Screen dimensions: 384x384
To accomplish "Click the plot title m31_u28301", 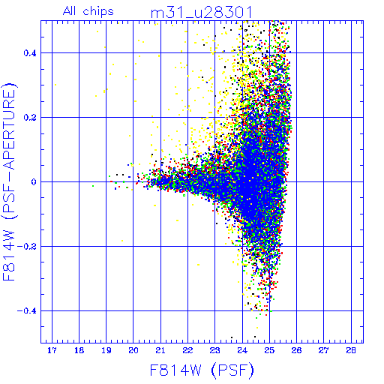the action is point(201,13).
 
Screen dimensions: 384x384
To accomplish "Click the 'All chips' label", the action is point(88,11).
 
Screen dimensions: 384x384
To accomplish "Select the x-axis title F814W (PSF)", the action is point(202,370).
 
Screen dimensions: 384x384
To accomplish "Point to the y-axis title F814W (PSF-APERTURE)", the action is point(10,181).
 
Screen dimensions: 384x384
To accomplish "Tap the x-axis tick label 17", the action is point(52,351).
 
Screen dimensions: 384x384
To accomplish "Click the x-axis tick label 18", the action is point(79,351).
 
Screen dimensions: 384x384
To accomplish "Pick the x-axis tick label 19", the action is point(106,351).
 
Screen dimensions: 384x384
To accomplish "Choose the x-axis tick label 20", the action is point(133,351).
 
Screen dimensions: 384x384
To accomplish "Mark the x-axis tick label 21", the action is point(160,351).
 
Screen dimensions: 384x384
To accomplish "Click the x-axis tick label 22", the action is point(187,351).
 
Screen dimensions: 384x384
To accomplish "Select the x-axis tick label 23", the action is point(214,351).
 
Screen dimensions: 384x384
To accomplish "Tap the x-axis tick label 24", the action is point(242,351).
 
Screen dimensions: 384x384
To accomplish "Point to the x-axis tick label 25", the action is point(269,351).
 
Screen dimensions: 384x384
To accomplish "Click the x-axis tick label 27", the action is point(323,351).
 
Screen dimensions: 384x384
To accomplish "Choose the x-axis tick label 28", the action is point(351,351).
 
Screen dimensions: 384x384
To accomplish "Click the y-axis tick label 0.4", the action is point(30,53).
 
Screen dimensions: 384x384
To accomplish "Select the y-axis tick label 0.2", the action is point(30,118).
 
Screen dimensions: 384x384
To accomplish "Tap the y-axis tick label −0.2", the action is point(27,247).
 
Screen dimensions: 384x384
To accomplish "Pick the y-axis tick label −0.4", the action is point(27,311).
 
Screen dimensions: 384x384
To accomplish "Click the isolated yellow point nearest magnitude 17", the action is point(55,85).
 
